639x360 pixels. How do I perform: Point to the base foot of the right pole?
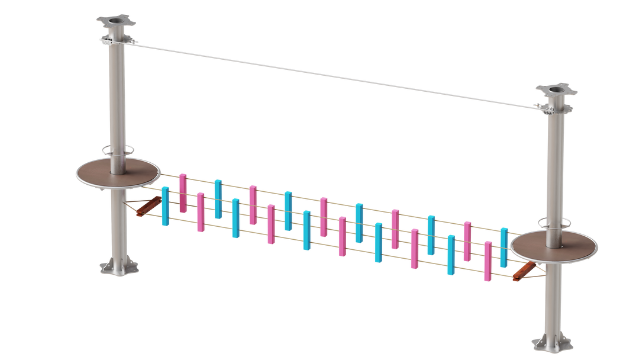[x=551, y=343]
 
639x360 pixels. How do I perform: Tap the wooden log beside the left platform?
[x=147, y=205]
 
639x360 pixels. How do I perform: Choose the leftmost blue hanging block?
[x=165, y=205]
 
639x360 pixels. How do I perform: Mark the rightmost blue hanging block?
[x=504, y=246]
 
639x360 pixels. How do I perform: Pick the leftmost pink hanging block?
[x=183, y=192]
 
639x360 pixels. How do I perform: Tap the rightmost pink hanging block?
[x=488, y=261]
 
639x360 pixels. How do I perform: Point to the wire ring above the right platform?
[x=553, y=223]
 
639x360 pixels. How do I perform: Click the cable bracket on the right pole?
[x=555, y=108]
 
